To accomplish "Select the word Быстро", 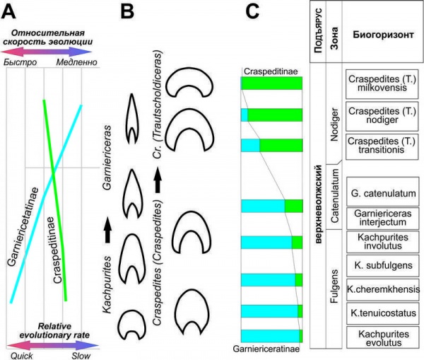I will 23,62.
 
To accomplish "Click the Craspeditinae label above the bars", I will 271,72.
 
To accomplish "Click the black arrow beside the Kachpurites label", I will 108,231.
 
